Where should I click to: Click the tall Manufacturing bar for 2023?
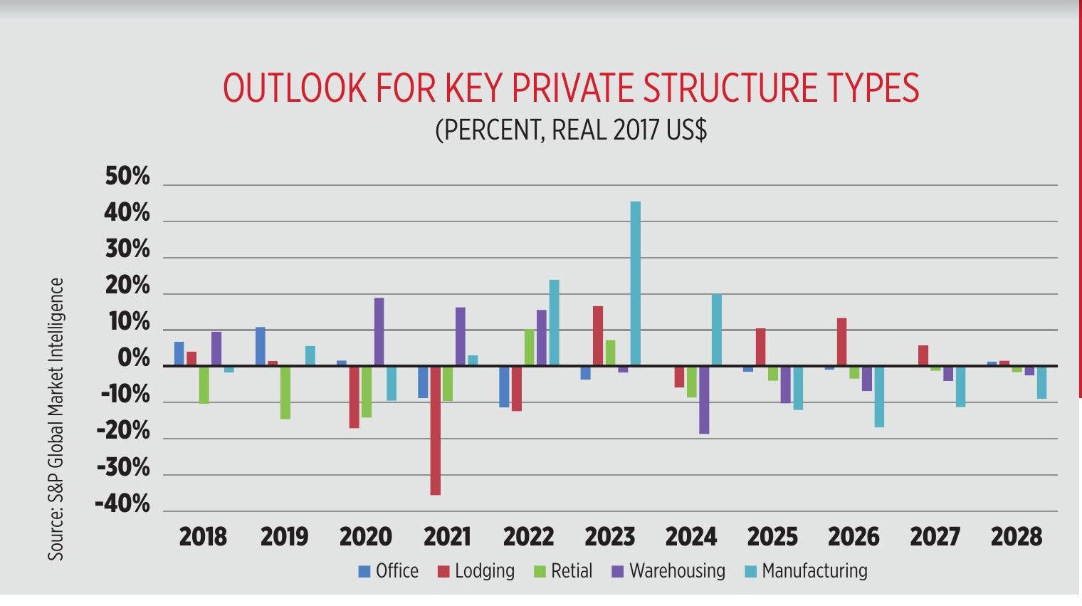point(635,283)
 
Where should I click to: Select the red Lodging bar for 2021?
point(435,430)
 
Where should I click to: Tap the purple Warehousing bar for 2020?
point(379,332)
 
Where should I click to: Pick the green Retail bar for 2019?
point(285,392)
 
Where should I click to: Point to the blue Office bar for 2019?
point(261,347)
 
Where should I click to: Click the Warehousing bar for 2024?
point(704,399)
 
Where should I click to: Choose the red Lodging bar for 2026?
point(841,342)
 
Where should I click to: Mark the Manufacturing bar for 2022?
point(554,323)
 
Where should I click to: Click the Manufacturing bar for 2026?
point(879,397)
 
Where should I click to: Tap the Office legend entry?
point(389,571)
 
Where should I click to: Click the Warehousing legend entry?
point(668,571)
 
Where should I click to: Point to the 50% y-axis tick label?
point(128,177)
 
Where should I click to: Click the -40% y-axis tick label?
point(123,504)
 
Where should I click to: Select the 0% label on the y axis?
point(133,359)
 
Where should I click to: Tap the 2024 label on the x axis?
point(690,536)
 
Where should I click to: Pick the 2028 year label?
point(1016,536)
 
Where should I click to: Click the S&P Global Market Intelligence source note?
point(56,419)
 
